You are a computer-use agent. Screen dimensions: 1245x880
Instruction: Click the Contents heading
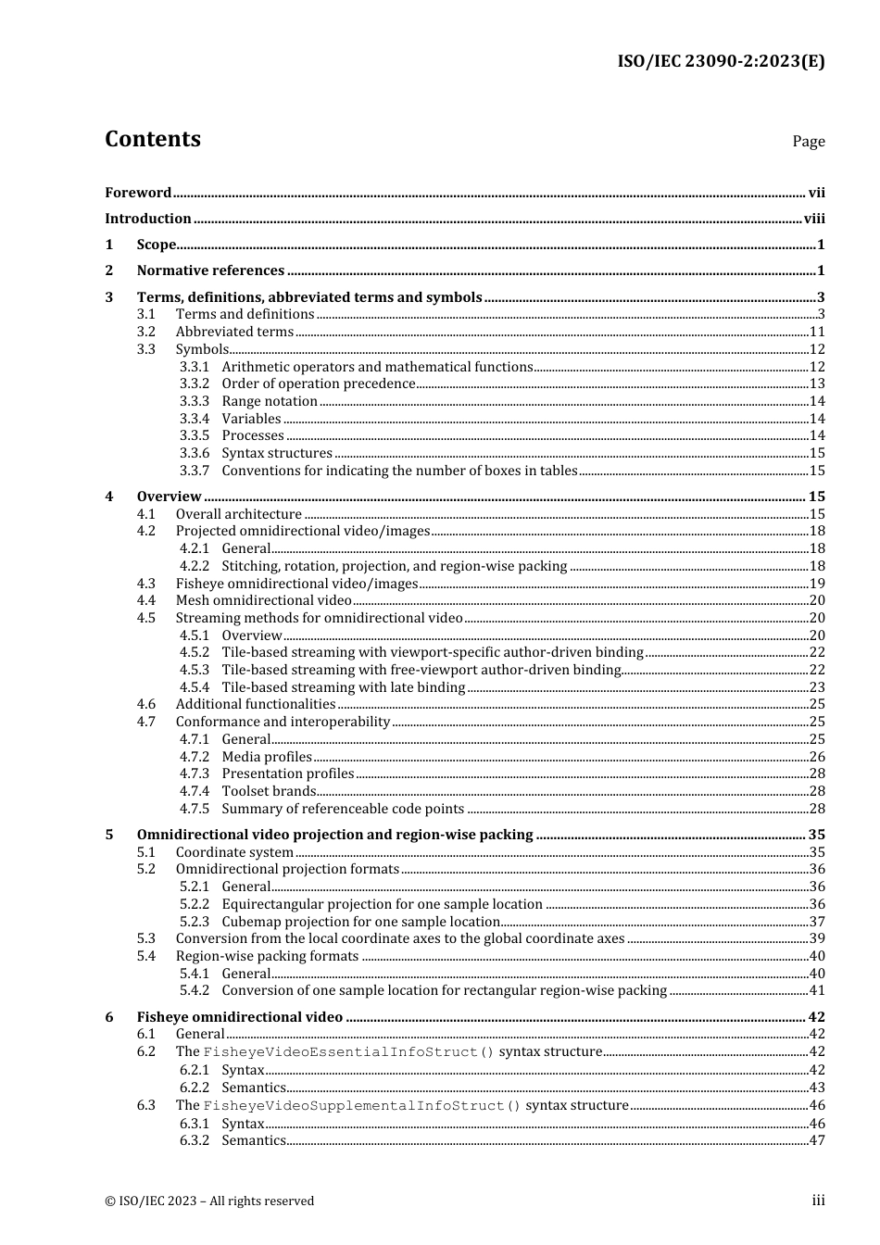coord(153,139)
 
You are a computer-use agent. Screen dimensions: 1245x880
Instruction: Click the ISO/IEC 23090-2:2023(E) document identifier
coord(721,62)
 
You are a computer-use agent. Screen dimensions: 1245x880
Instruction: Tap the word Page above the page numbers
coord(808,142)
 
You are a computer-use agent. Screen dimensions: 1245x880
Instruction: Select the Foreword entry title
coord(138,193)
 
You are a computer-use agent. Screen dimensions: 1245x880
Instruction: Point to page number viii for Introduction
coord(814,219)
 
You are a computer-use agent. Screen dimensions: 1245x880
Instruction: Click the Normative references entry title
coord(210,270)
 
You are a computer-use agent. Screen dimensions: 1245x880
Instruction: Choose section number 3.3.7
coord(195,471)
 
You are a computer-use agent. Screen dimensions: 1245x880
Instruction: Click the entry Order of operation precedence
coord(319,384)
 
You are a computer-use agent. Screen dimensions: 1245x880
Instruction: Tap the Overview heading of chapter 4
coord(169,497)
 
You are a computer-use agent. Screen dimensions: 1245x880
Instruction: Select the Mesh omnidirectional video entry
coord(264,600)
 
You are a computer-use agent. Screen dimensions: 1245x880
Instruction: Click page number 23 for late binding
coord(816,687)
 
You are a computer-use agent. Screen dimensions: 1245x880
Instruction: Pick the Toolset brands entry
coord(269,791)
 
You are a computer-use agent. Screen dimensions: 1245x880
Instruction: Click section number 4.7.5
coord(195,809)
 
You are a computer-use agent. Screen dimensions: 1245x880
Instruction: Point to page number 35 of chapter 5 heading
coord(816,835)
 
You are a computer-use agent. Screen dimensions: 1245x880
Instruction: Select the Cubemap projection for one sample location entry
coord(361,922)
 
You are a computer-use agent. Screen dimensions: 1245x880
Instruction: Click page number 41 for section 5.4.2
coord(816,990)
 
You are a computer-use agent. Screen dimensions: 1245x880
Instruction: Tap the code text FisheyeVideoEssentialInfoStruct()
coord(348,1052)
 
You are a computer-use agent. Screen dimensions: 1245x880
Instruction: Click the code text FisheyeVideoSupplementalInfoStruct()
coord(361,1105)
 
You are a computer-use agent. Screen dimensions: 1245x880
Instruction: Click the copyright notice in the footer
coord(209,1201)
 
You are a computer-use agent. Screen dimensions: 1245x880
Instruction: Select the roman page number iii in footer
coord(818,1201)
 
